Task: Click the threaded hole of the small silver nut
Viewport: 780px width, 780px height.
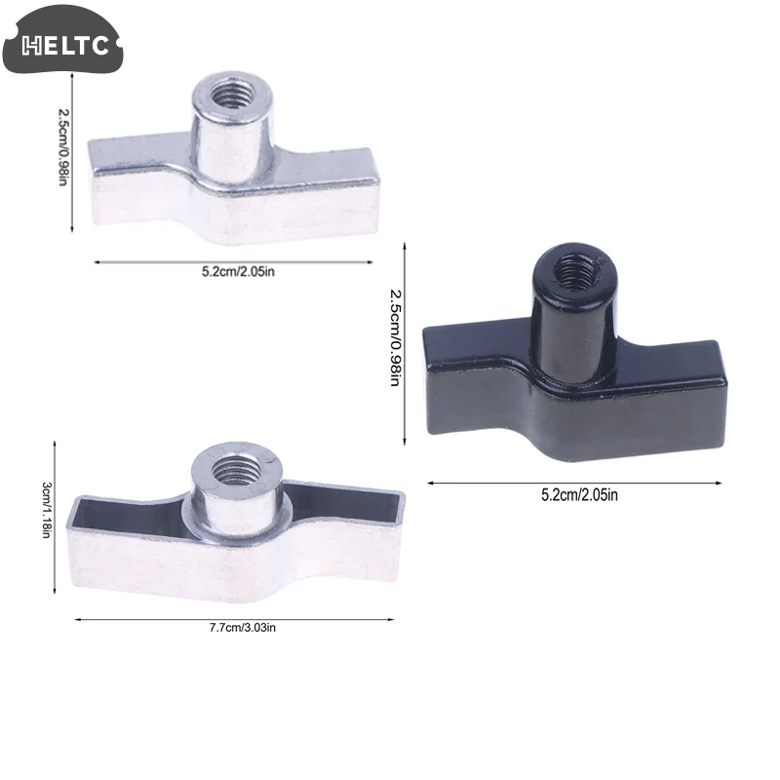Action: pos(230,94)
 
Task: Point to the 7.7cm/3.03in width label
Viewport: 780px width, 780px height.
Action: pos(235,627)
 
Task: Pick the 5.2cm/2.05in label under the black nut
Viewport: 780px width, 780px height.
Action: pos(579,495)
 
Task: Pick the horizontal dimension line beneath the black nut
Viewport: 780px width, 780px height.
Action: pos(575,482)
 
